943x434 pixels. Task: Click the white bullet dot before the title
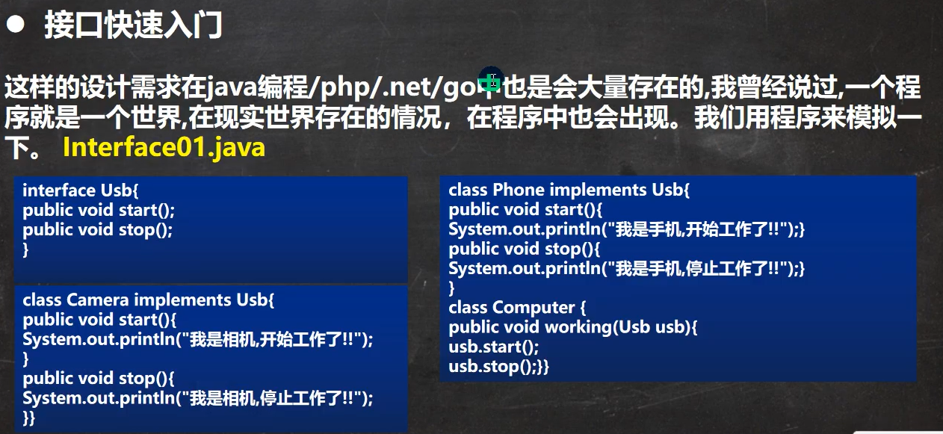pyautogui.click(x=16, y=24)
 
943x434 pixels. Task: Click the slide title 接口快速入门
pyautogui.click(x=133, y=25)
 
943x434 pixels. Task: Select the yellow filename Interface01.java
pyautogui.click(x=164, y=147)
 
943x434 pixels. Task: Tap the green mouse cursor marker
pyautogui.click(x=490, y=79)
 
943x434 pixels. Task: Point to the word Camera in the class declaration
pyautogui.click(x=97, y=300)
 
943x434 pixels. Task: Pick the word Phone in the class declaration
pyautogui.click(x=519, y=190)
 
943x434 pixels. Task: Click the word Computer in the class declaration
pyautogui.click(x=534, y=308)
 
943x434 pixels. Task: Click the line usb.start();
pyautogui.click(x=494, y=347)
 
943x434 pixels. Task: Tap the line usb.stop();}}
pyautogui.click(x=499, y=367)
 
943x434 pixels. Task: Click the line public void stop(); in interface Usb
pyautogui.click(x=98, y=230)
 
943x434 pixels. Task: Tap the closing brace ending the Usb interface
pyautogui.click(x=25, y=249)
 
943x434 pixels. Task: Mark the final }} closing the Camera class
pyautogui.click(x=29, y=418)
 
